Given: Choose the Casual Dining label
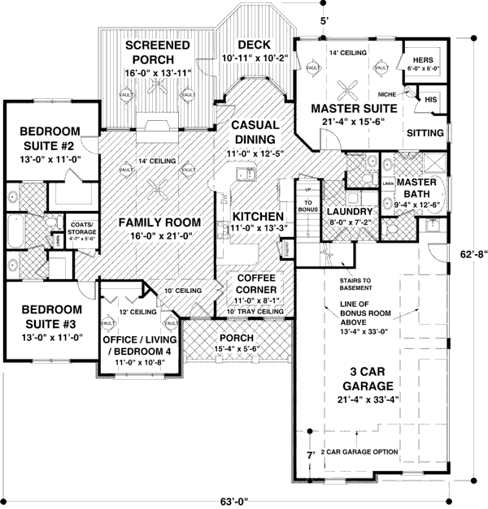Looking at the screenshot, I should pos(255,132).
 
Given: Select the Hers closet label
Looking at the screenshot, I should pos(423,60).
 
